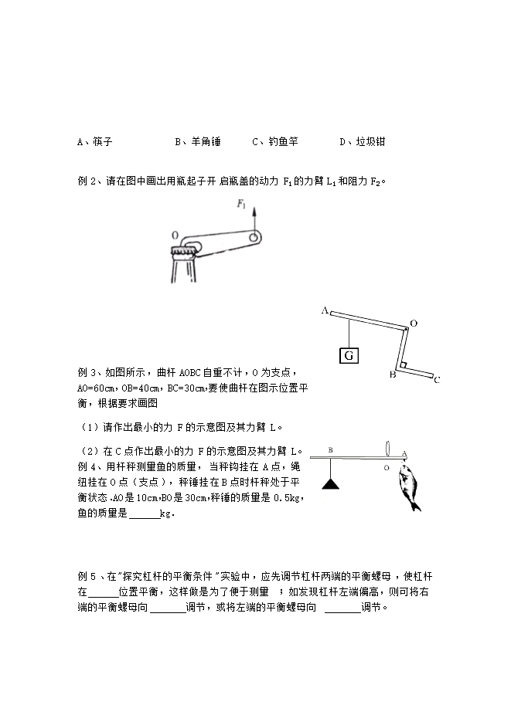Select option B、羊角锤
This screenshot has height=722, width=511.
(x=198, y=142)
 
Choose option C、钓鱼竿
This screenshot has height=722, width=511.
(x=274, y=142)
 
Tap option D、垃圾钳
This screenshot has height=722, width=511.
(x=363, y=142)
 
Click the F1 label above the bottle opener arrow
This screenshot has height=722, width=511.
(x=241, y=205)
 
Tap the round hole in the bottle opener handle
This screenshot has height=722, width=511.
(x=253, y=238)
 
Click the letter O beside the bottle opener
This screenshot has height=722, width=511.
(x=175, y=235)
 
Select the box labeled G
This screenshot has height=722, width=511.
(x=349, y=355)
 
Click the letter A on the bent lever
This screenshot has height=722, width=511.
(x=325, y=310)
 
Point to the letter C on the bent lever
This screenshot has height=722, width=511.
(x=437, y=379)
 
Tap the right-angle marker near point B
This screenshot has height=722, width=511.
(x=404, y=363)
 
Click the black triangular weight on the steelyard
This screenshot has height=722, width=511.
(x=331, y=484)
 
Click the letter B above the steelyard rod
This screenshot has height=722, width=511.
(x=330, y=449)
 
